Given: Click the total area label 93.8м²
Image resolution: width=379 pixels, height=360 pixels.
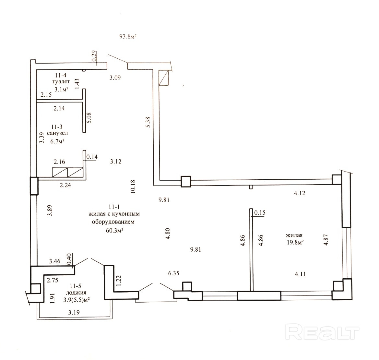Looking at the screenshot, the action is click(128, 37).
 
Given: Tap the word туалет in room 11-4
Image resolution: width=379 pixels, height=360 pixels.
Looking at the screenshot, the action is click(61, 82).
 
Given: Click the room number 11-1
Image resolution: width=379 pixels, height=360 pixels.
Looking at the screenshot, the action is click(114, 207).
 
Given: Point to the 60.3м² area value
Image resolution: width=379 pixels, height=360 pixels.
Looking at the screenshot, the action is click(115, 230).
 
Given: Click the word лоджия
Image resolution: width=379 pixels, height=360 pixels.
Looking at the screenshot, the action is click(76, 293).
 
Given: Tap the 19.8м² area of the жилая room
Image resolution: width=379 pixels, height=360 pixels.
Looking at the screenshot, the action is click(295, 242).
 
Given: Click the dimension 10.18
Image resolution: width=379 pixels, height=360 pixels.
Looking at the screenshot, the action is click(133, 187).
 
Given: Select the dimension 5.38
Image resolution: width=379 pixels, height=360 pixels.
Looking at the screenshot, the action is click(148, 122).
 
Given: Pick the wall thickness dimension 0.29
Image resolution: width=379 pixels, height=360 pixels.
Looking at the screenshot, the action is click(95, 56).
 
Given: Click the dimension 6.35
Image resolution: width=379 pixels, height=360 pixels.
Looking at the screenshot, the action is click(173, 273).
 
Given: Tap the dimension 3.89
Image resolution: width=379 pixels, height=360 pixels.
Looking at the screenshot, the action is click(50, 210).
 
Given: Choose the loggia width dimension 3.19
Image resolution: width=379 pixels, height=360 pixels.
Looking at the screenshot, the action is click(74, 312).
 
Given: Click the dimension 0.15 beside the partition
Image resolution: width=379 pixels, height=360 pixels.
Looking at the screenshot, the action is click(260, 212).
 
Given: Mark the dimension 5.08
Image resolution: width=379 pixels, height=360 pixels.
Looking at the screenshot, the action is click(89, 118).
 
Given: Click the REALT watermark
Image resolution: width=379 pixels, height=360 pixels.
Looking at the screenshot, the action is click(322, 332).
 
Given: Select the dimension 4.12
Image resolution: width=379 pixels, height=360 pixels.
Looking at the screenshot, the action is click(300, 193).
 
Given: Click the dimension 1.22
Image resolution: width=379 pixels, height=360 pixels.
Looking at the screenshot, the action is click(118, 281).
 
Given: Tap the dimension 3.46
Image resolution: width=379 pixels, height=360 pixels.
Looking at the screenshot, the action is click(54, 261).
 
